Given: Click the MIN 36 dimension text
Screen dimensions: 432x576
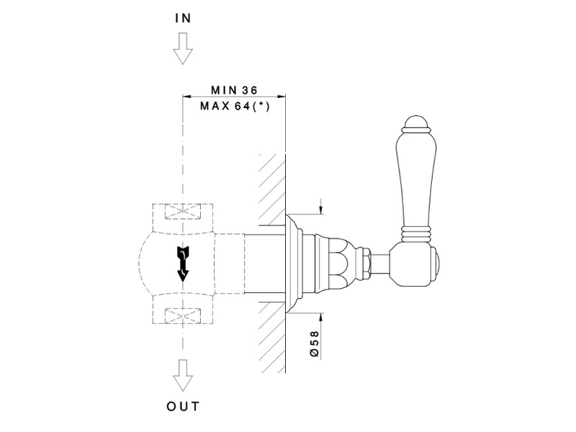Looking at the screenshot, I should coord(234,91).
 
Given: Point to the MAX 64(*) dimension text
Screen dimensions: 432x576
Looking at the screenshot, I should coord(234,107).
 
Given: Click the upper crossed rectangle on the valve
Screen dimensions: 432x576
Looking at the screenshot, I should coord(183,213).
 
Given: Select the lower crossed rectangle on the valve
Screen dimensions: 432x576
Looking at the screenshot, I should coord(183,314).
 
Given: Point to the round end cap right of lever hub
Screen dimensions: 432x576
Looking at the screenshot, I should coord(437,262).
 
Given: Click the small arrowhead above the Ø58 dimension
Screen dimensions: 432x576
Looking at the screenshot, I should coord(320,210).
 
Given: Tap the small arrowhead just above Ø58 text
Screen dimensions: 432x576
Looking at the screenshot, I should coord(320,315).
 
